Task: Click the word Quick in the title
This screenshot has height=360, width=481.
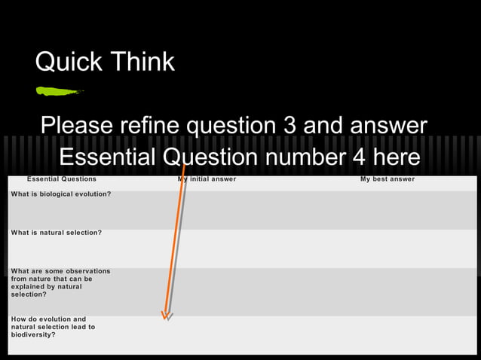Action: pyautogui.click(x=67, y=63)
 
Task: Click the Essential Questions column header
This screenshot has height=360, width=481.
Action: pyautogui.click(x=62, y=179)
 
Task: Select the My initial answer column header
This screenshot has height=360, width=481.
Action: pyautogui.click(x=208, y=179)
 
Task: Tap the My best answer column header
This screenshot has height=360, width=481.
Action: pyautogui.click(x=388, y=179)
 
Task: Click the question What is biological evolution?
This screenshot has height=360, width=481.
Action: pyautogui.click(x=61, y=194)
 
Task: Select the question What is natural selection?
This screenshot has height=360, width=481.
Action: pyautogui.click(x=57, y=233)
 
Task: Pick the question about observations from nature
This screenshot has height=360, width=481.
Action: pyautogui.click(x=60, y=282)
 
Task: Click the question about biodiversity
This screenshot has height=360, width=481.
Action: pyautogui.click(x=54, y=327)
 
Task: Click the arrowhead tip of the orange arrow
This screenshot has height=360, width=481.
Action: pyautogui.click(x=165, y=316)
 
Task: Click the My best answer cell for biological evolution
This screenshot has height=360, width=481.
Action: pyautogui.click(x=388, y=209)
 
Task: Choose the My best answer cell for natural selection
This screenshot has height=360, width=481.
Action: pyautogui.click(x=388, y=249)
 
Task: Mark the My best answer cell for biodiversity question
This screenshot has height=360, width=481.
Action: pyautogui.click(x=388, y=334)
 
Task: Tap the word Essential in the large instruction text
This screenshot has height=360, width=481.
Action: pyautogui.click(x=109, y=157)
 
